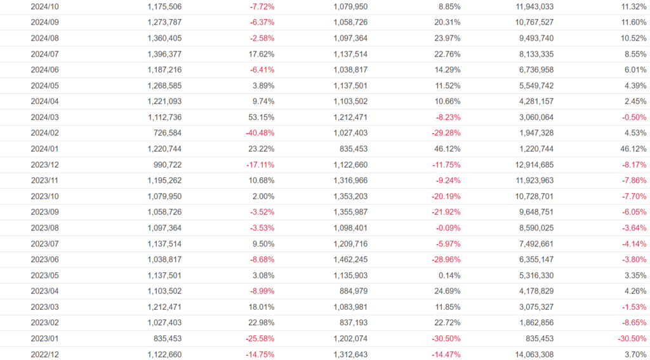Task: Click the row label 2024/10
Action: (45, 6)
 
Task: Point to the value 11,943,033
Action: (532, 6)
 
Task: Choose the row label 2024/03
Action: (45, 117)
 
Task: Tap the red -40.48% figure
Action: (260, 133)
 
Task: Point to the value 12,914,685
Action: (532, 165)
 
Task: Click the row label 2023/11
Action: (45, 181)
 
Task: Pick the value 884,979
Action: (353, 291)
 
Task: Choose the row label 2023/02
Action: (45, 323)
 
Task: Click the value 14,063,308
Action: (532, 354)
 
